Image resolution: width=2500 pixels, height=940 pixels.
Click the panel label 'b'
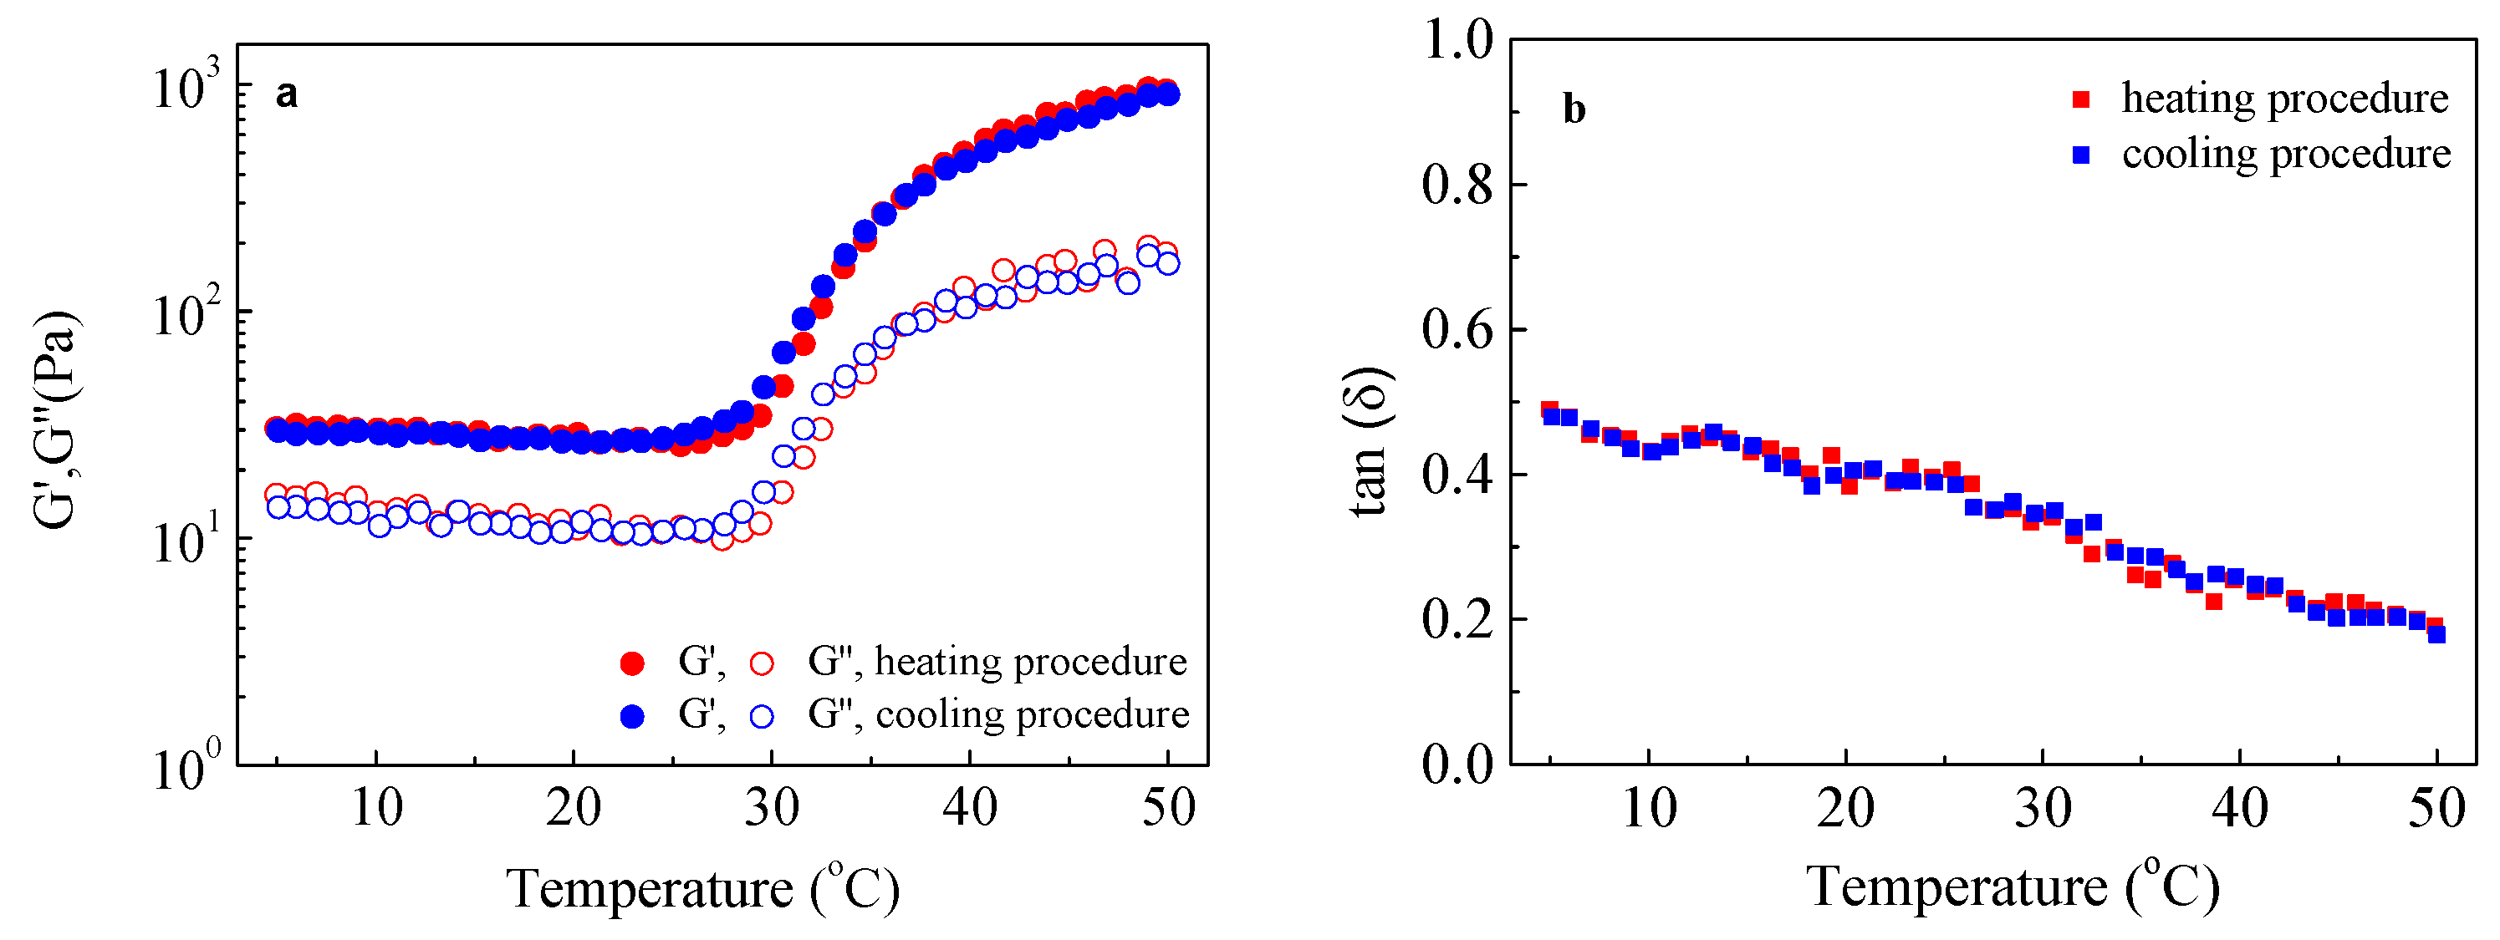coord(1574,109)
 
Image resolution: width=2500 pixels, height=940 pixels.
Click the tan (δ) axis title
coord(1370,442)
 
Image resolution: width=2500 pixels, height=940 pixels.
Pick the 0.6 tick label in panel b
coord(1457,330)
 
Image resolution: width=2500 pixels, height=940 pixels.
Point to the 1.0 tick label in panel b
coord(1457,41)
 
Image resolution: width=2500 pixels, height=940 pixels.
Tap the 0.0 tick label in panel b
coord(1457,765)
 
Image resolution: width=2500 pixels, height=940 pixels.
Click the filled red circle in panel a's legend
coord(632,663)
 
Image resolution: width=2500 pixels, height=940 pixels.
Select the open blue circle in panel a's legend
coord(763,716)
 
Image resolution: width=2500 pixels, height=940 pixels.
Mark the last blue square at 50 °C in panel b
coord(2436,634)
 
